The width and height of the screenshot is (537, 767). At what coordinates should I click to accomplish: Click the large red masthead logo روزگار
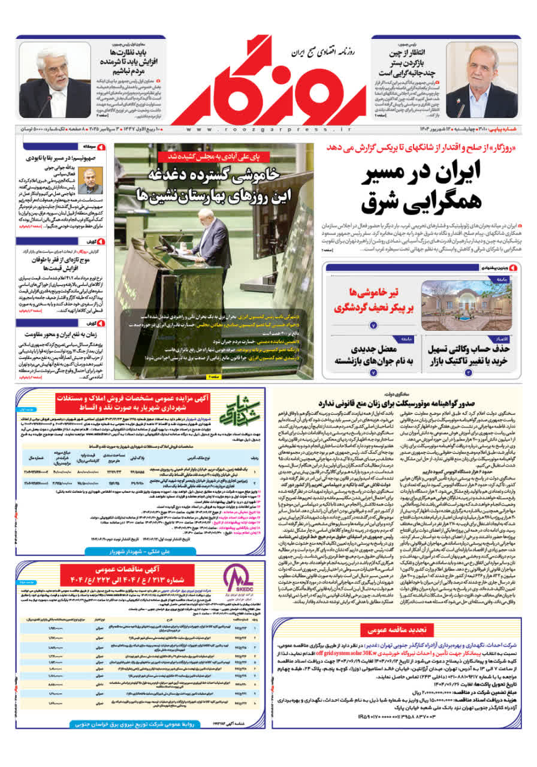pos(268,81)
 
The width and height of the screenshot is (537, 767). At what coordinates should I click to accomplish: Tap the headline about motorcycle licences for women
pos(396,403)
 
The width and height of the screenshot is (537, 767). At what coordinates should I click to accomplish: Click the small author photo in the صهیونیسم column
pos(90,180)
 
